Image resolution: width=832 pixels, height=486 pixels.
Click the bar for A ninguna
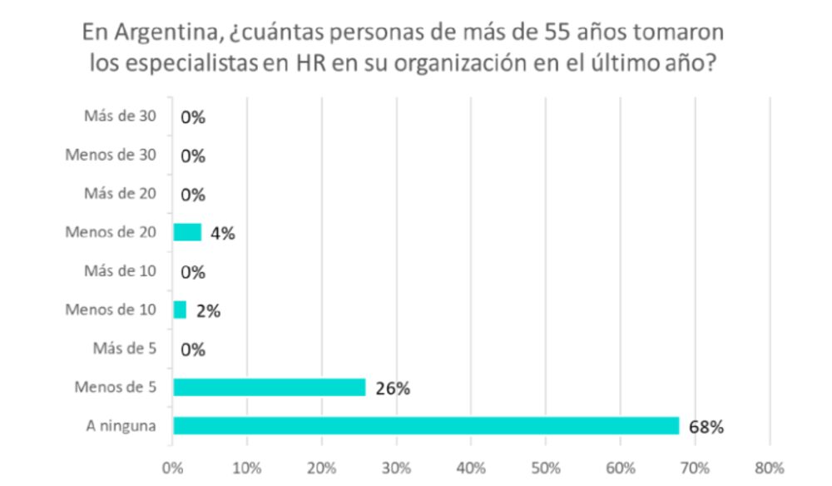(x=425, y=425)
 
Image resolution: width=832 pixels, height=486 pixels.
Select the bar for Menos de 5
(x=269, y=387)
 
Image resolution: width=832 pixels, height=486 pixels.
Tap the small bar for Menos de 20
(x=187, y=232)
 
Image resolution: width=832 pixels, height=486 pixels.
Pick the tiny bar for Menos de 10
(x=180, y=310)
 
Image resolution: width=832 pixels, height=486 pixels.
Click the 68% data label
(x=706, y=427)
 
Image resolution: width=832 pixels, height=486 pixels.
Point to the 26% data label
(x=392, y=389)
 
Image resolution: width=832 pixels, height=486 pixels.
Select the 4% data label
(x=222, y=234)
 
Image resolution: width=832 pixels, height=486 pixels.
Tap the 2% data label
(x=207, y=311)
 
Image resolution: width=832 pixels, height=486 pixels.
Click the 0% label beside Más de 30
(x=192, y=117)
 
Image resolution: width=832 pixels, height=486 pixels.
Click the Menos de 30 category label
(x=111, y=155)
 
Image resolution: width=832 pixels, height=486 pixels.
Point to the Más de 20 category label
(x=121, y=194)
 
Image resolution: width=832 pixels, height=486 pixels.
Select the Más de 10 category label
(x=121, y=271)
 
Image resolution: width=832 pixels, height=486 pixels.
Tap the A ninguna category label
(x=121, y=426)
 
